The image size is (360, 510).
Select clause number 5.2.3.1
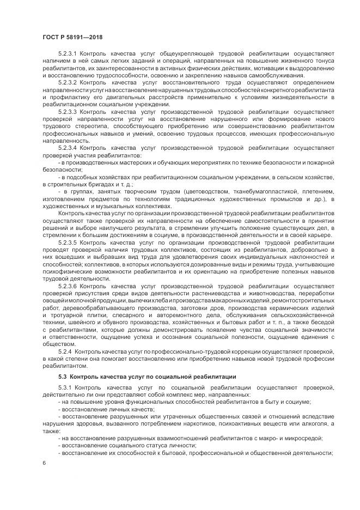[69, 53]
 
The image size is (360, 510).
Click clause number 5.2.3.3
[69, 111]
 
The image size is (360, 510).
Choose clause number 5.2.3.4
[69, 147]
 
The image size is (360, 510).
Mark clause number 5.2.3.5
[69, 242]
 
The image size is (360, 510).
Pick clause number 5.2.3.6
[69, 285]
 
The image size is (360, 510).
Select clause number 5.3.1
[66, 387]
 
